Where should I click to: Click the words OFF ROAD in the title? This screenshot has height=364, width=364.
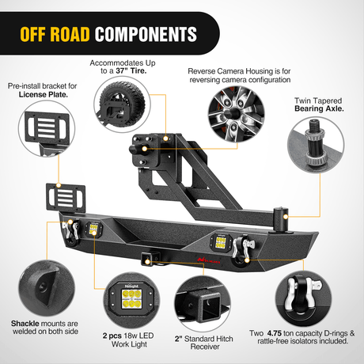(54, 34)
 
